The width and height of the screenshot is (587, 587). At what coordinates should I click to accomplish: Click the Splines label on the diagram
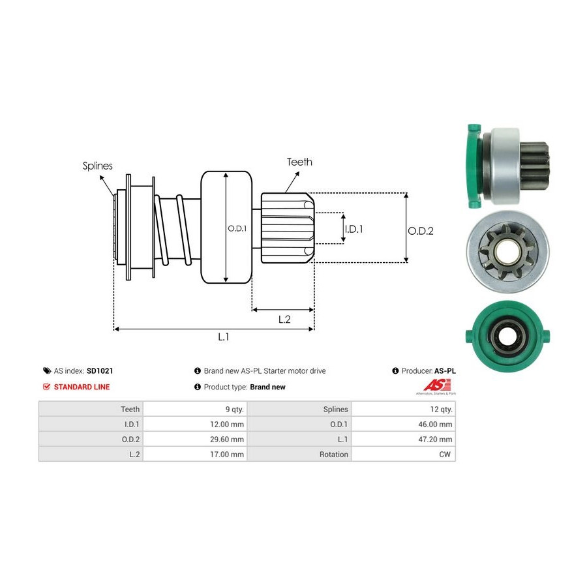(x=97, y=166)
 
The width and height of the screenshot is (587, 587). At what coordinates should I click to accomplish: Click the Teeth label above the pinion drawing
(x=299, y=162)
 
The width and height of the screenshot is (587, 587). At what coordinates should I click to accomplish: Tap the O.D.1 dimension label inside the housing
(x=237, y=228)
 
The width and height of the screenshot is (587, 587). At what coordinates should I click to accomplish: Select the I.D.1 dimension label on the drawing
(x=354, y=229)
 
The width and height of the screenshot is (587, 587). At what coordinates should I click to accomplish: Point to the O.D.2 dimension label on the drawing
(x=421, y=231)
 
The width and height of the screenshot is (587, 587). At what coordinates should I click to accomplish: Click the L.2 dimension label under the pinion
(x=284, y=320)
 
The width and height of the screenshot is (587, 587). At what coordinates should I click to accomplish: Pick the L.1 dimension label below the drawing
(x=223, y=337)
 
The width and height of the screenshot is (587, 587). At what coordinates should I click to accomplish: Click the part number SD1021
(x=100, y=371)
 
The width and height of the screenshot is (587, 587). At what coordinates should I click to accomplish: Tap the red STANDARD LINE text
(x=82, y=387)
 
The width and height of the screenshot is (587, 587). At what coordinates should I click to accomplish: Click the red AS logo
(x=436, y=385)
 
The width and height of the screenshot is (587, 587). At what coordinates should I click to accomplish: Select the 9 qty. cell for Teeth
(x=195, y=409)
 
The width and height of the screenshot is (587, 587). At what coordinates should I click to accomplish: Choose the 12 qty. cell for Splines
(x=404, y=409)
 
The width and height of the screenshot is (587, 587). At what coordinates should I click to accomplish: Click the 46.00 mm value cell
(x=404, y=424)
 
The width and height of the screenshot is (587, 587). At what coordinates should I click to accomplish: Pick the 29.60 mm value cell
(x=195, y=439)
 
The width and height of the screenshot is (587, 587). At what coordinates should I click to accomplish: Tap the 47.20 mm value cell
(x=404, y=439)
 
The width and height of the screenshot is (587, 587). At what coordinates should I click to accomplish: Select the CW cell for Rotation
(x=404, y=454)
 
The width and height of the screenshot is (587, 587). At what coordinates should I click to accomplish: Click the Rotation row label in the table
(x=333, y=455)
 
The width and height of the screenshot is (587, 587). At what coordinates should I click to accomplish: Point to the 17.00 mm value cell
(x=195, y=454)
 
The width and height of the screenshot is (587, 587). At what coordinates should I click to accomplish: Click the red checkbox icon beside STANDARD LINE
(x=46, y=387)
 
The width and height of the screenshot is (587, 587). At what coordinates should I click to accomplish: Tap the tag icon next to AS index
(x=47, y=371)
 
